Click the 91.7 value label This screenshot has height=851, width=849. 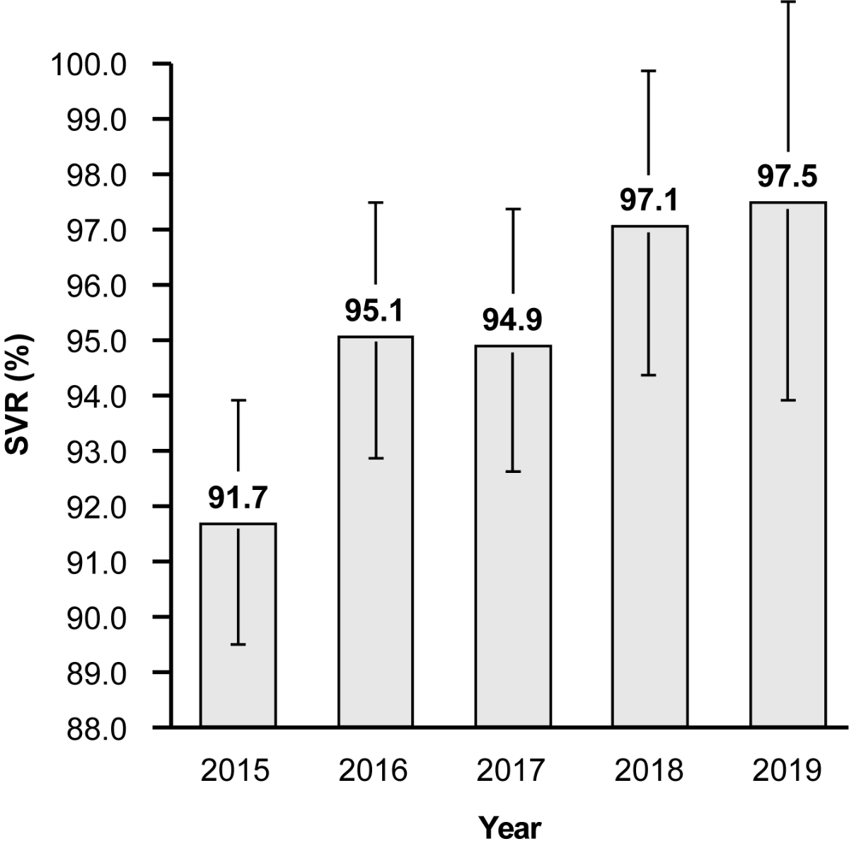click(x=238, y=498)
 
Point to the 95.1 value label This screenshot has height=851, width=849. click(x=375, y=312)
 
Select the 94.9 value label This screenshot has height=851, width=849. click(x=513, y=321)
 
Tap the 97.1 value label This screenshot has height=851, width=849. click(x=649, y=201)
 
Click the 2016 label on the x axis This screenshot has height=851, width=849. click(x=375, y=770)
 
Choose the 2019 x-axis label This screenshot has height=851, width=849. click(x=787, y=770)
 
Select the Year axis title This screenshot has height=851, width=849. click(x=510, y=826)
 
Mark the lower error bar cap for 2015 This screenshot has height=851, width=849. click(x=238, y=644)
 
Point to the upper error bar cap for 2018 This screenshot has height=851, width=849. click(x=649, y=71)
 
